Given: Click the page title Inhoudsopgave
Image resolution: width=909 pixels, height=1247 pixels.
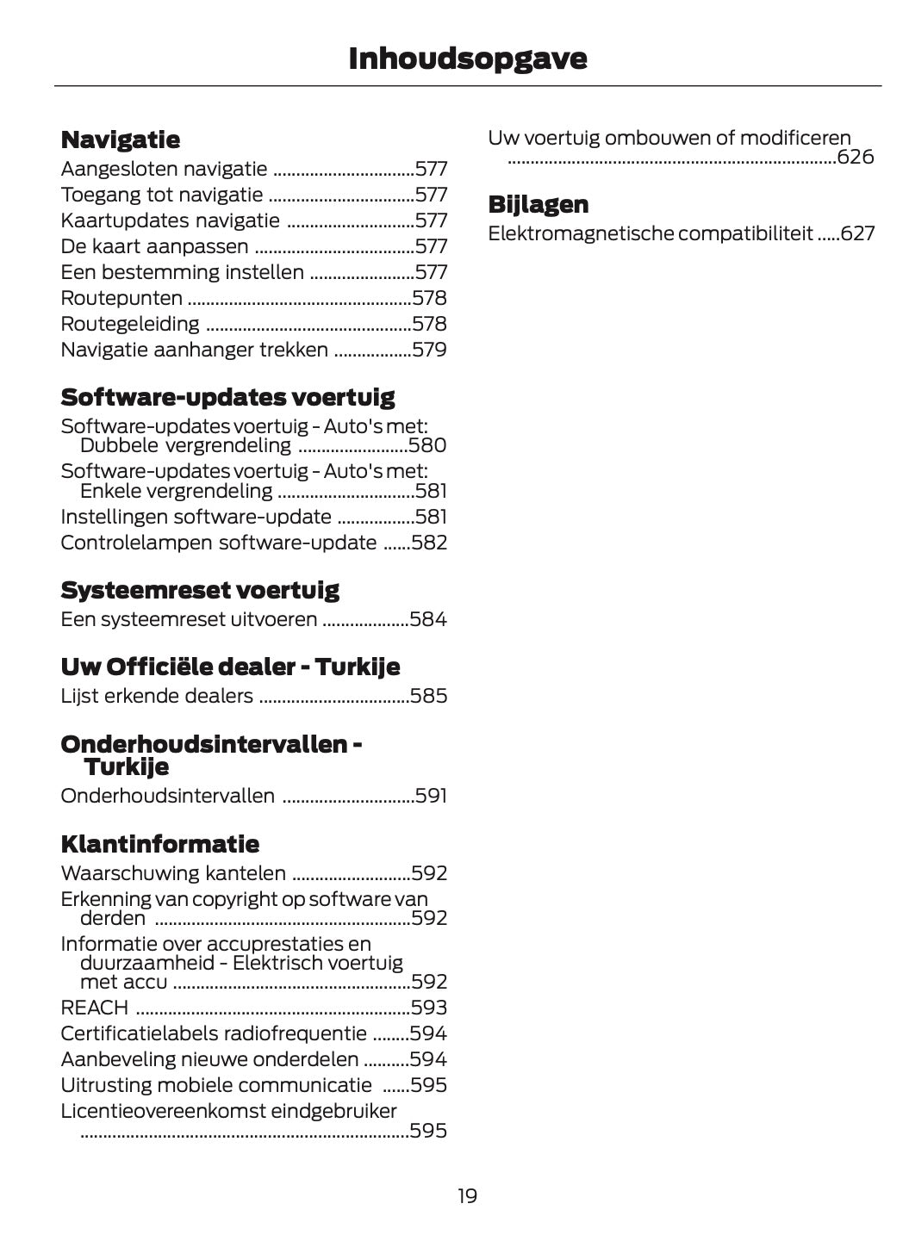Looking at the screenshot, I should (x=467, y=59).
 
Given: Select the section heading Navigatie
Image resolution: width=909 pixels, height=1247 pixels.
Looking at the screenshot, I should (x=121, y=140).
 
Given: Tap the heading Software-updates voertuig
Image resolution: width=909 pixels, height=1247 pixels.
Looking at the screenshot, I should (x=227, y=397).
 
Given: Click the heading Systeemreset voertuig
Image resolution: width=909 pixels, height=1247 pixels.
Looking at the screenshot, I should (x=200, y=590).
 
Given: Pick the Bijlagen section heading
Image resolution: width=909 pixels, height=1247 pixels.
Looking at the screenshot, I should (x=539, y=204).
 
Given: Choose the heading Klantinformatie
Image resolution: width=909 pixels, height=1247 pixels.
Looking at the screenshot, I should (x=159, y=843).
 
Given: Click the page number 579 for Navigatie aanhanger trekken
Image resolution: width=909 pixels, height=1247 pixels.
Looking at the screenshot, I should (x=429, y=350).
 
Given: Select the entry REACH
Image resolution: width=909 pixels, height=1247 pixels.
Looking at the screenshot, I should (x=95, y=1007).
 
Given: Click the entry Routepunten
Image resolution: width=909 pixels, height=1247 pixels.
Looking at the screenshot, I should (x=121, y=298).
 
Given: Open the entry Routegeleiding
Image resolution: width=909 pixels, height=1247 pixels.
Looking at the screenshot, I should (x=130, y=324).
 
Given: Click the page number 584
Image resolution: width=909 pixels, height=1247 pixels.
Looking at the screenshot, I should (x=428, y=619).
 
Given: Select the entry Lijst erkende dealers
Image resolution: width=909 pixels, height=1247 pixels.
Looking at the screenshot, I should (x=157, y=696).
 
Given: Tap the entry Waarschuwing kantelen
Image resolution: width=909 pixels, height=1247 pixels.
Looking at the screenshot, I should (x=173, y=873).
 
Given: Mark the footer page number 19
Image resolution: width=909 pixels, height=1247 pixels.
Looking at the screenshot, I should (x=467, y=1195).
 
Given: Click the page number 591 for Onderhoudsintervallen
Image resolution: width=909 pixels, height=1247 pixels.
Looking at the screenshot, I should (x=431, y=796).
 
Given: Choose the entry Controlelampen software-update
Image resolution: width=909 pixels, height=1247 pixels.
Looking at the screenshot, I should (x=219, y=543).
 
